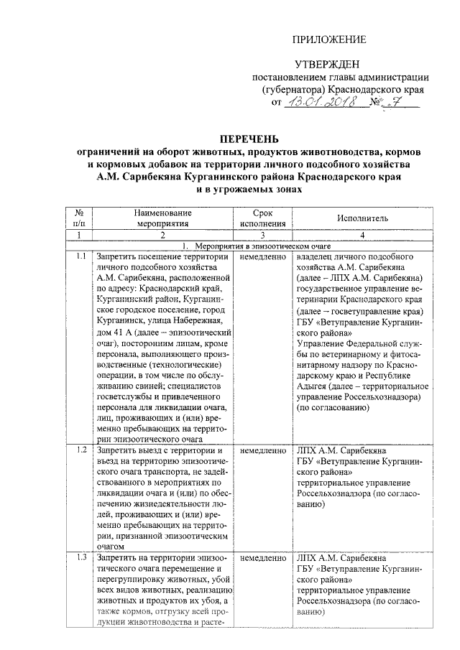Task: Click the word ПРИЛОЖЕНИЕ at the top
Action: tap(331, 40)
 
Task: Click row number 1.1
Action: tap(80, 256)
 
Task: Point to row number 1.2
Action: tap(80, 450)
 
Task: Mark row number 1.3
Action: tap(80, 557)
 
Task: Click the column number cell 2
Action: tap(162, 235)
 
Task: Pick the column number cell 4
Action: tap(362, 235)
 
